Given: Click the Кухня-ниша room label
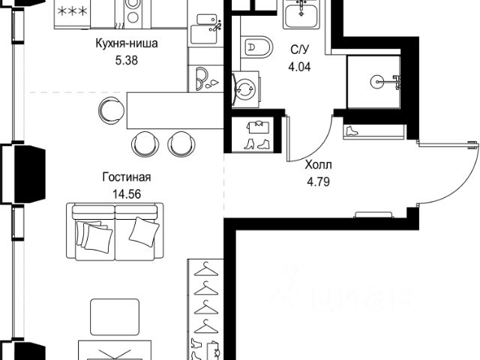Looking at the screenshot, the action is pos(127,43).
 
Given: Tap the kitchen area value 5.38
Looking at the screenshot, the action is pos(127,60).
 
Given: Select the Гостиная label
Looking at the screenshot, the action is pos(127,177).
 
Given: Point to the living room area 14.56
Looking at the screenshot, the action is pos(127,194).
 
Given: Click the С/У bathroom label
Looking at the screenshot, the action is pos(300,49).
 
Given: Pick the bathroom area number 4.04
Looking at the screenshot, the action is pos(299,67).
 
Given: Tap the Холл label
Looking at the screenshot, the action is pos(318,165).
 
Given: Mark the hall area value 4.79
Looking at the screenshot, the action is pos(318,182).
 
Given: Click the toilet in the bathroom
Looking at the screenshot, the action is pos(256,46).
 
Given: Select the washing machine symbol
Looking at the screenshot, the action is pos(245,89).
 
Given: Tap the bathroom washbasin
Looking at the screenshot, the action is pos(301,14).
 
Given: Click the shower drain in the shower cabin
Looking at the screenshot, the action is pos(376,82).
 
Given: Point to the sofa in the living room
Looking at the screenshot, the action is pos(115,232).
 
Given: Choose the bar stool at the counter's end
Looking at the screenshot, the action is pos(111,110).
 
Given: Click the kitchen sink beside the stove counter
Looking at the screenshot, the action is pos(204,30).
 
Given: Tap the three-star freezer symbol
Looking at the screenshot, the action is pos(73,12).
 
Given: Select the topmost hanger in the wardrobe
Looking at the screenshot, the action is pos(206,269).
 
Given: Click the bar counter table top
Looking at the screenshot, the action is pos(175,110).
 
